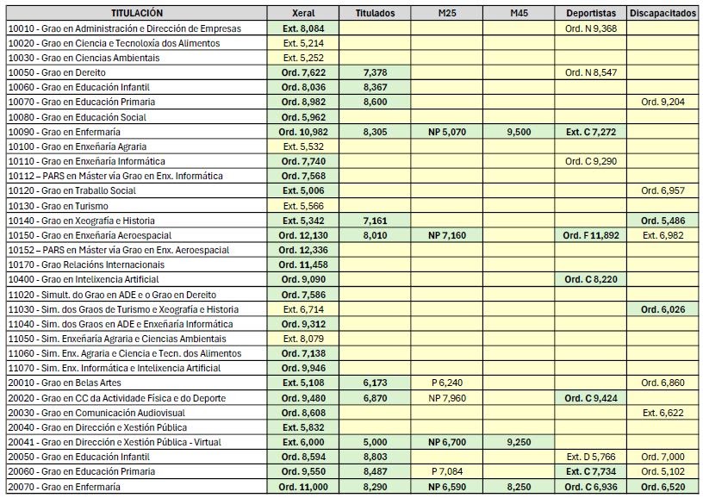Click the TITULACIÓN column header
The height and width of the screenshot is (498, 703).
point(136,14)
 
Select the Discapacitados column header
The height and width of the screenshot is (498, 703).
point(662,14)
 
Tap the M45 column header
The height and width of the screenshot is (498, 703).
point(518,14)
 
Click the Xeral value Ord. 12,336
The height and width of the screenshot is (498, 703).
point(302,250)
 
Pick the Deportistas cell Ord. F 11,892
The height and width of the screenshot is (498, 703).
point(591,235)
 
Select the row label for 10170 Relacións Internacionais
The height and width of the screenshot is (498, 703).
point(86,265)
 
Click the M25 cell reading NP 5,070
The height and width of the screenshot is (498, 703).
point(446,132)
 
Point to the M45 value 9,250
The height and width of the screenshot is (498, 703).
point(518,442)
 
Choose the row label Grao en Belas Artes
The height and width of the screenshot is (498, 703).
point(65,383)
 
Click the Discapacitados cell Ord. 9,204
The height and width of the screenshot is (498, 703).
point(662,102)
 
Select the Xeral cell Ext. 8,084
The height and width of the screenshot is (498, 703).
point(302,28)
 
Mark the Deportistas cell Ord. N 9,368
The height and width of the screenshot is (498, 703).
point(591,28)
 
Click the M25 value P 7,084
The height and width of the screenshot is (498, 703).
point(446,471)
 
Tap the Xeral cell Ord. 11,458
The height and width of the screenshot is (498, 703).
point(302,265)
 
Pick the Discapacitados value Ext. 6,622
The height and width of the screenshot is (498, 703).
point(662,413)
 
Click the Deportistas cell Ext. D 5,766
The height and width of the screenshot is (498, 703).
point(591,457)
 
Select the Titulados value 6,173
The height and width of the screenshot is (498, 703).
point(375,383)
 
